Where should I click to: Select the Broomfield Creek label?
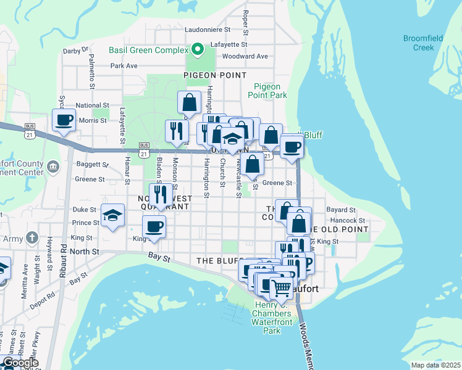coord(423,43)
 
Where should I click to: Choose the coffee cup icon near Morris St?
coord(63,120)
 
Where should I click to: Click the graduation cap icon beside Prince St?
coord(113,215)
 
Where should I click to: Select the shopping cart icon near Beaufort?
coord(282,287)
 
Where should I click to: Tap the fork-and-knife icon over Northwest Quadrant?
coord(160,194)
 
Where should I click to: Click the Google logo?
coord(20,363)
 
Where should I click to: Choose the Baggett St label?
coord(93,165)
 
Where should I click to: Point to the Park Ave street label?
coord(124,65)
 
